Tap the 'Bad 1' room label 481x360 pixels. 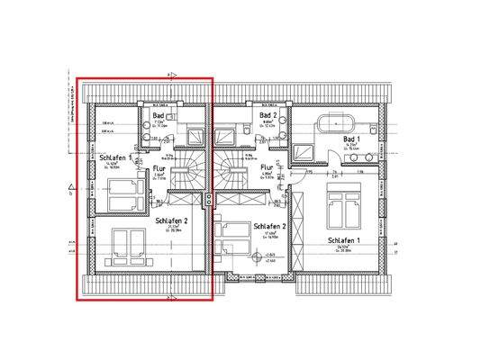click(x=351, y=139)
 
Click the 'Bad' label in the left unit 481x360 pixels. click(x=159, y=116)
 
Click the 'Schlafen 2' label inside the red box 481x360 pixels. click(x=171, y=220)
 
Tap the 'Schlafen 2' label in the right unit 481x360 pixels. click(x=270, y=226)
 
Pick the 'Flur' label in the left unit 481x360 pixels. click(x=159, y=168)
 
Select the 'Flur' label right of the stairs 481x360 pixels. click(x=267, y=166)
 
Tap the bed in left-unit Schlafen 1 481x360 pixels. click(x=122, y=193)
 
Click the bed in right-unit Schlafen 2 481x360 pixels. click(x=236, y=236)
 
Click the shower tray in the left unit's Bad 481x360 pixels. click(x=193, y=134)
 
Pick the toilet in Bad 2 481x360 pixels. click(x=283, y=119)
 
